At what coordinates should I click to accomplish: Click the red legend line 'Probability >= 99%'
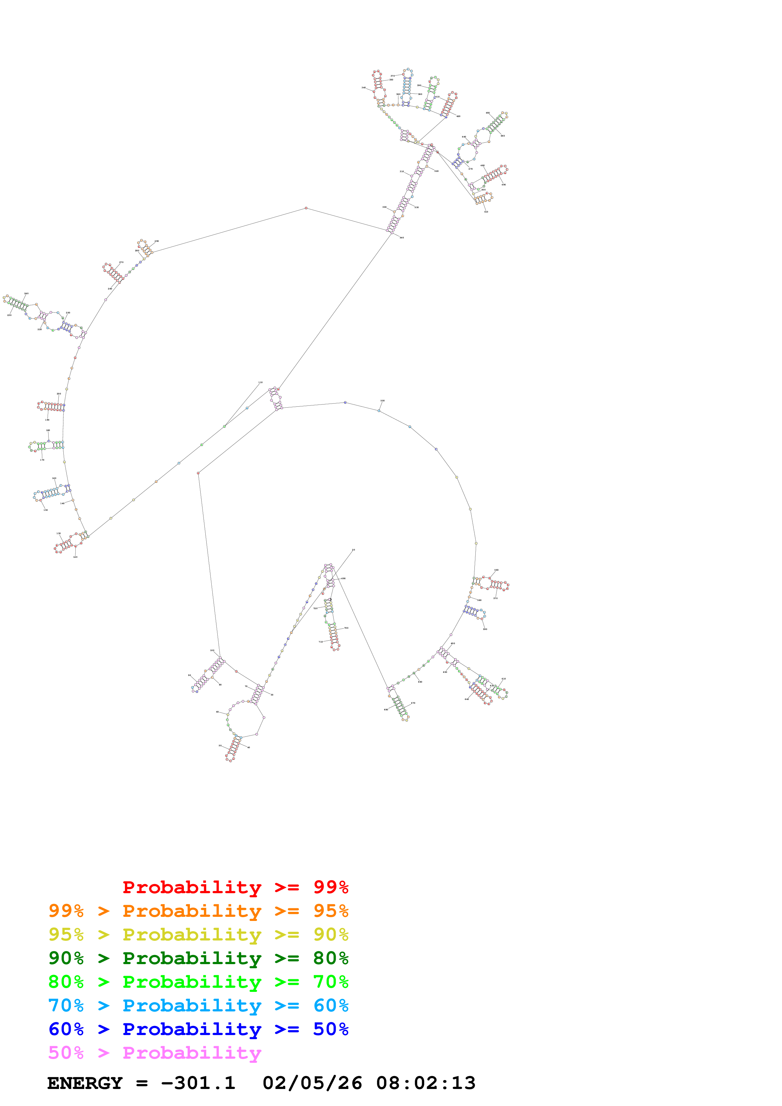pos(235,887)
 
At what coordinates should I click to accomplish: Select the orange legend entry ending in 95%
pos(198,911)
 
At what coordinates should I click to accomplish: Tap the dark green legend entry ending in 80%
pos(198,958)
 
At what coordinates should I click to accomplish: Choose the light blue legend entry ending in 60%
pos(198,1005)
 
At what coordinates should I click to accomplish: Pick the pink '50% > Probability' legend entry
pos(154,1052)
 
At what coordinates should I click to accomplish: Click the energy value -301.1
pos(198,1083)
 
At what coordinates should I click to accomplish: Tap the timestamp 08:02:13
pos(426,1083)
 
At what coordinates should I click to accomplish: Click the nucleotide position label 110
pos(260,382)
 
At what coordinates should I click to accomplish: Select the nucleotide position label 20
pos(353,550)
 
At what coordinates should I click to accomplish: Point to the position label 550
pos(383,401)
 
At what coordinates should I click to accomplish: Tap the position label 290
pos(156,241)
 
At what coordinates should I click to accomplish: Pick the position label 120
pos(75,557)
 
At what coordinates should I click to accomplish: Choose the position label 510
pos(486,212)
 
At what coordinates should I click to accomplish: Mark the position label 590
pos(485,629)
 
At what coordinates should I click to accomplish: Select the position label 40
pos(249,748)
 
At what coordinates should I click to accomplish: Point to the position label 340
pos(363,88)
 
